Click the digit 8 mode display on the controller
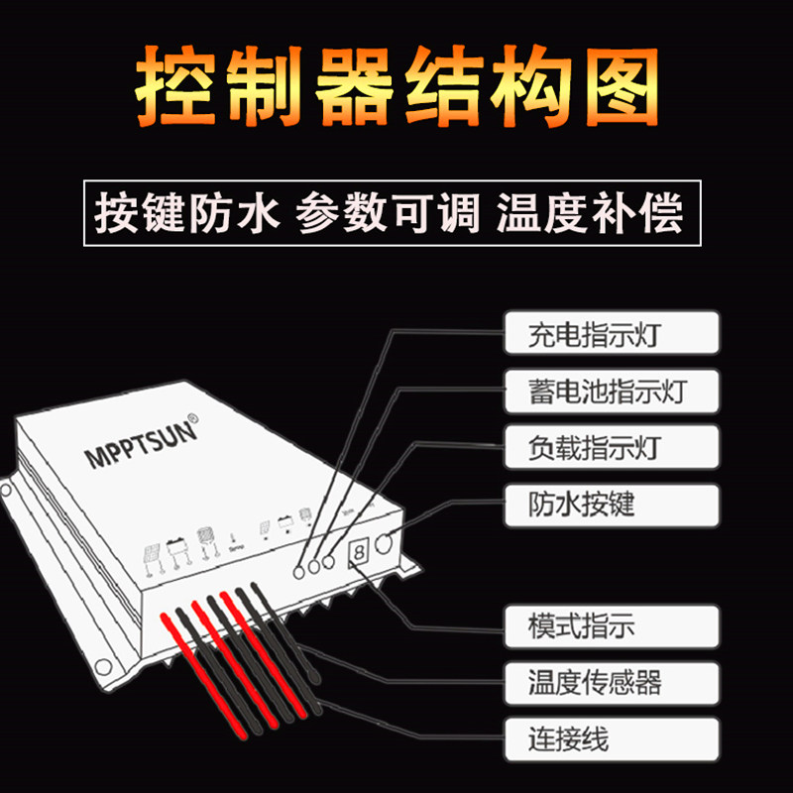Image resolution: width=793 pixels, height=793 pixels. click(359, 551)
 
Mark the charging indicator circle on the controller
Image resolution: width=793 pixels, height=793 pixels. click(299, 571)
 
